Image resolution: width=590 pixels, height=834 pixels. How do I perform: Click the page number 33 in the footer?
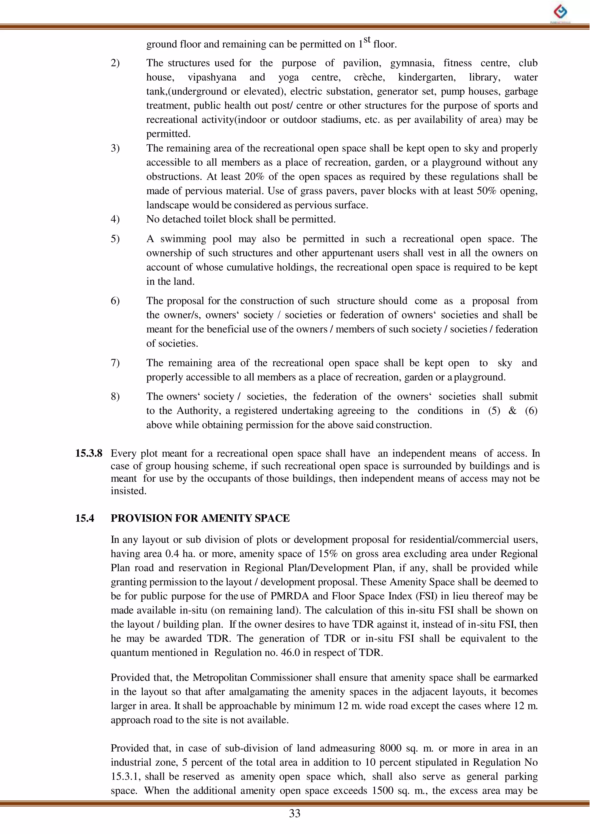[x=295, y=813]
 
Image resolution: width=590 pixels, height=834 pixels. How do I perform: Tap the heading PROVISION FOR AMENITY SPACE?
[x=200, y=518]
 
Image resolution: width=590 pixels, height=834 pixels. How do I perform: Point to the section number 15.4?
[x=84, y=518]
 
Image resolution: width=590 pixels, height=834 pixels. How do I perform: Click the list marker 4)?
[x=115, y=219]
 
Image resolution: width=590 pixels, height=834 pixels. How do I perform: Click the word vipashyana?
[x=212, y=78]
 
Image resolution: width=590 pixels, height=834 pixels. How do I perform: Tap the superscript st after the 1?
[x=367, y=39]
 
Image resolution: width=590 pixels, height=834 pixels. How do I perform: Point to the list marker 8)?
[x=115, y=397]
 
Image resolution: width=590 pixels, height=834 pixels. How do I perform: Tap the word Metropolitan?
[x=220, y=678]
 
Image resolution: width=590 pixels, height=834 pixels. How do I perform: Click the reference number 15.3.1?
[x=126, y=777]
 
